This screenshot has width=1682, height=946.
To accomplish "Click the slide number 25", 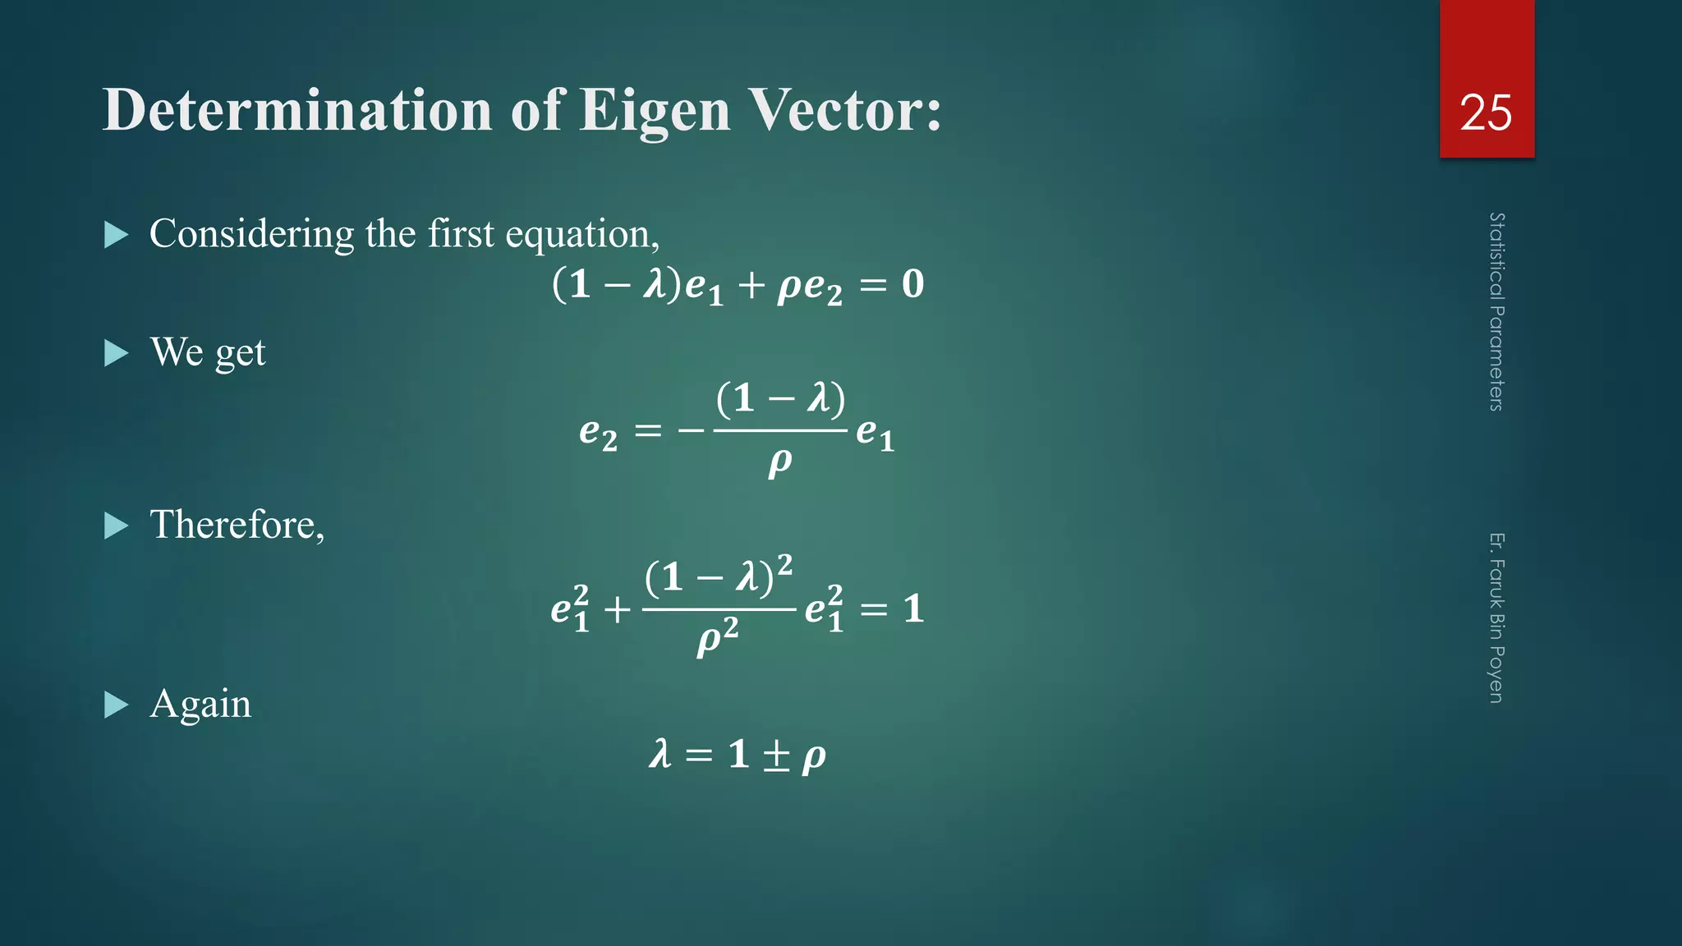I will point(1486,113).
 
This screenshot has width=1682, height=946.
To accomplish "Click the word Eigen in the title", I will point(655,111).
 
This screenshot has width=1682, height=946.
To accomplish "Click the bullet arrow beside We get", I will point(117,354).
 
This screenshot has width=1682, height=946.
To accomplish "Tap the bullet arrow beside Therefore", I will point(117,526).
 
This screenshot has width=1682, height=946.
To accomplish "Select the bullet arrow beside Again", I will point(117,705).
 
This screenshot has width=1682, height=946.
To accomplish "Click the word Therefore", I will point(237,525).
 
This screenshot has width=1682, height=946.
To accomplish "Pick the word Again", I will point(200,705).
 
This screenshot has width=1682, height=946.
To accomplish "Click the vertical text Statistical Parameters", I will point(1496,311).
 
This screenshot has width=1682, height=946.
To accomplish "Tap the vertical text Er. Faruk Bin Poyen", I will point(1496,618).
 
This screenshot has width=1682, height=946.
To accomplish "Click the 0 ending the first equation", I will point(912,284).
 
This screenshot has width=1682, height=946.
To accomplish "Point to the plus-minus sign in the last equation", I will point(776,755).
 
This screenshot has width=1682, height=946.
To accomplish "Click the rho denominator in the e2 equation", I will point(779,463).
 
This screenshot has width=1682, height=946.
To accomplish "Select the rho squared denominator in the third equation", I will point(717,638).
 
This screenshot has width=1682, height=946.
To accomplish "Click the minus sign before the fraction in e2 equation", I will point(691,430).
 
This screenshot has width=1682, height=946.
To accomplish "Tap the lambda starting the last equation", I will point(660,754).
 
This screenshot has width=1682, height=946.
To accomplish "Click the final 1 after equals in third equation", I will point(913,609).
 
